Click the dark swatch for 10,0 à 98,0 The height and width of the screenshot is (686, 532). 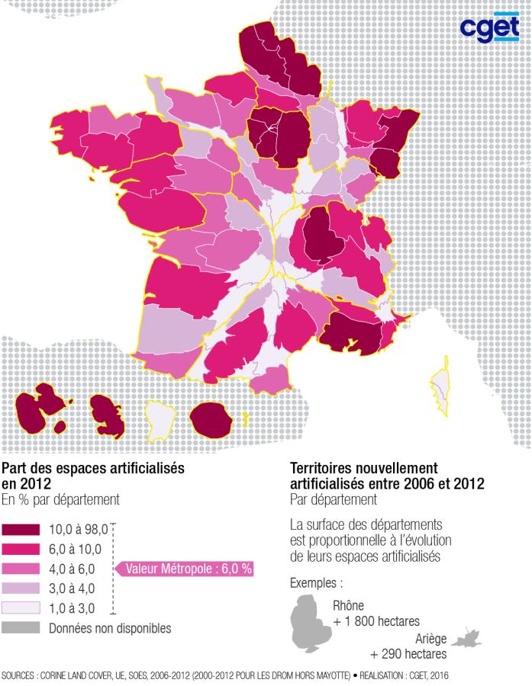coord(21,529)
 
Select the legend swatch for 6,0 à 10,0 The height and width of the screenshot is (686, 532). coord(21,549)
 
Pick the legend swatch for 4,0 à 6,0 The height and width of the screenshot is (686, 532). coord(21,569)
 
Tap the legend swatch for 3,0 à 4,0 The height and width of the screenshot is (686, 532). coord(21,588)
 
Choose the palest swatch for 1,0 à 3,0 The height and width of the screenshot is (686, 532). coord(21,608)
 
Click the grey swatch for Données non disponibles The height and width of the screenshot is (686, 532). coord(21,628)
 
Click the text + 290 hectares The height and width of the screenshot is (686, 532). coord(408,654)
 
